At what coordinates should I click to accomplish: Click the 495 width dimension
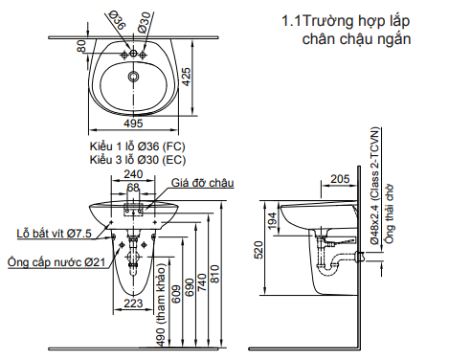[133, 124]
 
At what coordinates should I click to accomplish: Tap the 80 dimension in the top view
[81, 45]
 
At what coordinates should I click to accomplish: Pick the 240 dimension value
[133, 174]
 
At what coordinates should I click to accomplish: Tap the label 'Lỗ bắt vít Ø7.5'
[54, 233]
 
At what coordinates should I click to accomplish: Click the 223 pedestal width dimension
[133, 304]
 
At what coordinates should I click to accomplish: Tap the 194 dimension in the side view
[271, 221]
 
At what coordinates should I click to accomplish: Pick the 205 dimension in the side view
[338, 179]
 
